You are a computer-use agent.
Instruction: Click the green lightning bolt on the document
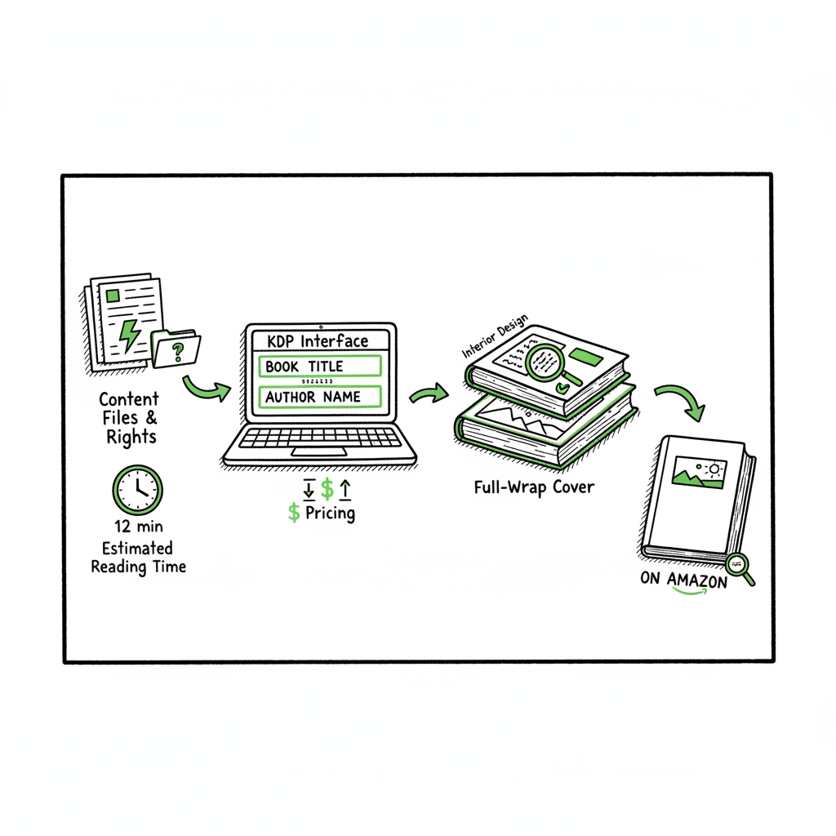coord(130,333)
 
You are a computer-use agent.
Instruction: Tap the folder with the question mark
coord(176,349)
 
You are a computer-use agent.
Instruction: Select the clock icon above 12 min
coord(137,490)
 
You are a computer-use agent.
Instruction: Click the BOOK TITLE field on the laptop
coord(321,367)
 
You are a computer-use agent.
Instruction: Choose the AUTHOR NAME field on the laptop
coord(321,397)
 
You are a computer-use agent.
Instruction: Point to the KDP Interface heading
coord(318,341)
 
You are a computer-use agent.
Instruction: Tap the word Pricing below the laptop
coord(330,513)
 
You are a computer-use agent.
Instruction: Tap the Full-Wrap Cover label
coord(534,488)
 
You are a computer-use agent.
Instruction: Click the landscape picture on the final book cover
coord(699,473)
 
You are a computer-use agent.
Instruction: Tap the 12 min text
coord(137,527)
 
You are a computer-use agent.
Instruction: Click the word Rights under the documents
coord(131,437)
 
